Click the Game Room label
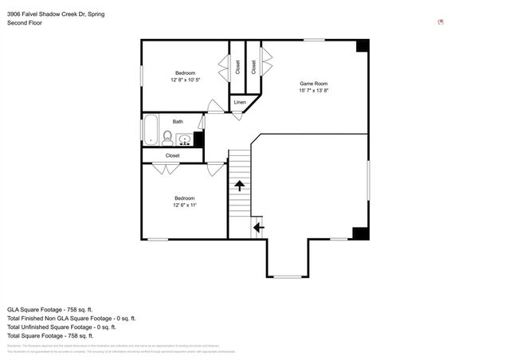point(313,84)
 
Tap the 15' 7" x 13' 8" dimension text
point(313,91)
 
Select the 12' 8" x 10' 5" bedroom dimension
point(185,80)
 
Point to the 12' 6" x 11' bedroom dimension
point(185,205)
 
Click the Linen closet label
point(240,102)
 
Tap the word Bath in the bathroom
point(178,122)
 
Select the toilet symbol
point(167,137)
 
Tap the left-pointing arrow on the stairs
point(257,228)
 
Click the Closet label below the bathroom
point(173,155)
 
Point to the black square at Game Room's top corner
point(363,45)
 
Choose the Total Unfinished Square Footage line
point(61,327)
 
